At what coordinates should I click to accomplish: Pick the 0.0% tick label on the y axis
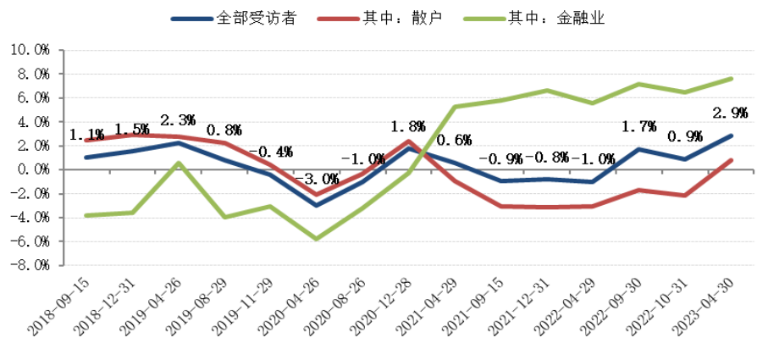pos(32,169)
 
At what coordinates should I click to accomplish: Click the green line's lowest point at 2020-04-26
pos(316,239)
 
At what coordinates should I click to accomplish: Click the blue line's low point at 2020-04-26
pos(316,205)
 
